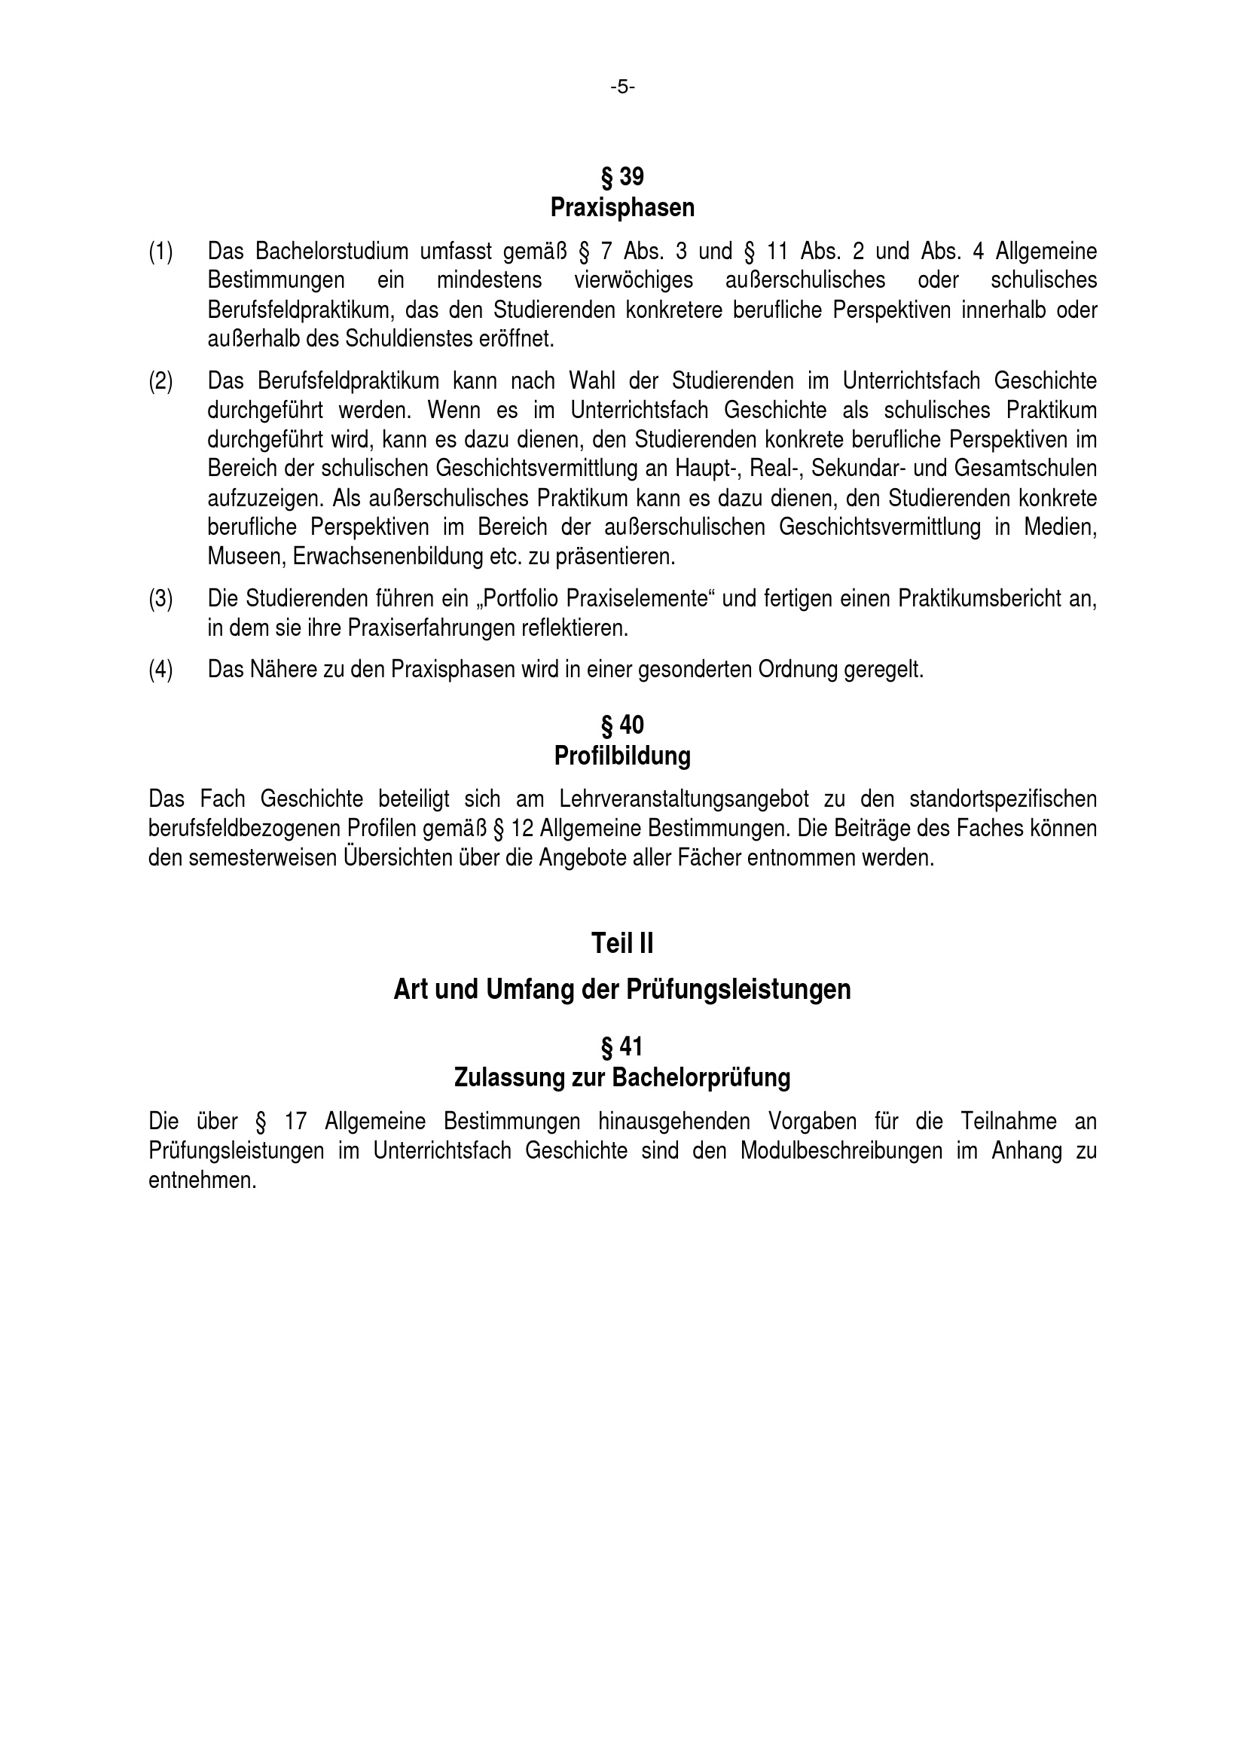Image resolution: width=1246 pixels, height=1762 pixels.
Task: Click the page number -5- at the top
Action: point(622,87)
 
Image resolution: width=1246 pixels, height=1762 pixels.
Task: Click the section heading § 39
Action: point(622,177)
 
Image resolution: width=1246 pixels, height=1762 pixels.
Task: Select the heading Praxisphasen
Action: point(622,208)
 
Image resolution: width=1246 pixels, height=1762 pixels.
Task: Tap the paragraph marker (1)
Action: point(160,252)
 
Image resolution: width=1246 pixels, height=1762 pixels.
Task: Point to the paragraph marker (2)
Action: point(160,381)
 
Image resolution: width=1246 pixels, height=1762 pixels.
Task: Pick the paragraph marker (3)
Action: point(160,599)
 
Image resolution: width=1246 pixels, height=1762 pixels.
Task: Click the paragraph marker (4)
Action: point(160,670)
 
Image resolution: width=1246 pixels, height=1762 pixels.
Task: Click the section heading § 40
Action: point(622,725)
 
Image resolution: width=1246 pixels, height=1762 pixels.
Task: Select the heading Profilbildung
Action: point(622,756)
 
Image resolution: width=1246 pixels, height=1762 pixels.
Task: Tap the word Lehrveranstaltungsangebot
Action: point(683,800)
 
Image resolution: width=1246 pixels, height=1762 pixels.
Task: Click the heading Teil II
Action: point(622,944)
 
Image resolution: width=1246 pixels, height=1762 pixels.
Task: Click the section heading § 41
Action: point(622,1047)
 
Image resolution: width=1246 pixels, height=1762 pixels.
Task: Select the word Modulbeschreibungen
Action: point(841,1151)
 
